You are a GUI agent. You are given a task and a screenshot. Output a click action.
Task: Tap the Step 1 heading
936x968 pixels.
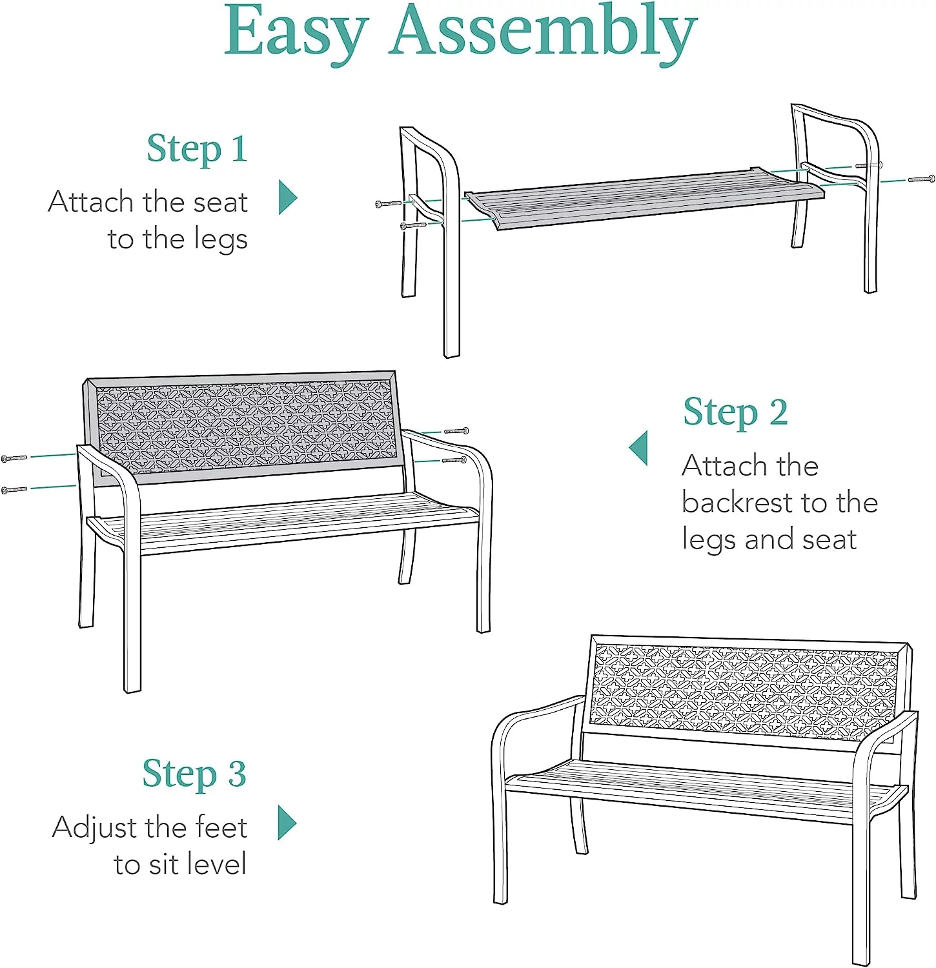point(197,150)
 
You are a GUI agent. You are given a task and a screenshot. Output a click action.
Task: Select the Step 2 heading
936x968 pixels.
point(735,413)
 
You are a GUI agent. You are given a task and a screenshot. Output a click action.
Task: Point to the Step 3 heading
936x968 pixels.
point(194,774)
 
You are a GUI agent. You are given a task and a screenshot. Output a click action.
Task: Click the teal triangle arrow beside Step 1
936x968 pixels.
point(288,197)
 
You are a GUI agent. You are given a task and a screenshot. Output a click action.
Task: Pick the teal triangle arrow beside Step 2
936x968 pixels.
point(638,448)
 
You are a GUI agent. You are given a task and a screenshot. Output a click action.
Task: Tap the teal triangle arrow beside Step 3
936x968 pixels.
point(287,823)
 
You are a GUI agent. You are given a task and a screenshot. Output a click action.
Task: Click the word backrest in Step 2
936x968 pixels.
point(737,502)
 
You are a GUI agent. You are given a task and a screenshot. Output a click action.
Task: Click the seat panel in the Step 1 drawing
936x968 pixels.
point(644,198)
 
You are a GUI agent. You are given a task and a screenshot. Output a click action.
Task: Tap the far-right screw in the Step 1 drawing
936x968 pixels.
point(921,179)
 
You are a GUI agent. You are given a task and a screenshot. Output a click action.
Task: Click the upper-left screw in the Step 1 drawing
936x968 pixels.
point(389,204)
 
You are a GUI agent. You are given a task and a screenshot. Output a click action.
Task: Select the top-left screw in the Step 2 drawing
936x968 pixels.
point(14,459)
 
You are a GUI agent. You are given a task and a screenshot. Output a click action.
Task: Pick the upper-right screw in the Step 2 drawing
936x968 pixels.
point(456,430)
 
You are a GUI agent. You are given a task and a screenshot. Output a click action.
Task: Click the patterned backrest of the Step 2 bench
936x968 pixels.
point(245,426)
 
